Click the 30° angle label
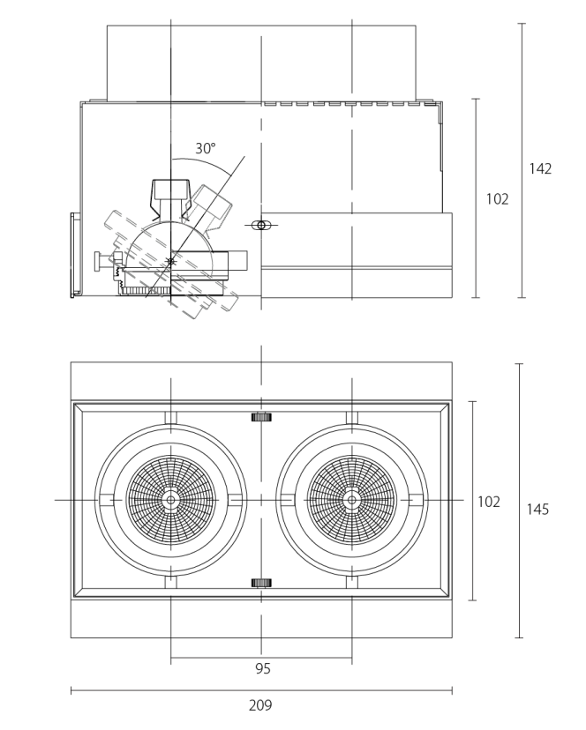pos(205,148)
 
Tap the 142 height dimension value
pos(540,168)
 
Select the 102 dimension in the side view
pos(497,198)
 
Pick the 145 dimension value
pos(537,509)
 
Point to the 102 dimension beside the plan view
pos(489,502)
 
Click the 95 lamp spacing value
pos(262,668)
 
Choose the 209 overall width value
pos(260,705)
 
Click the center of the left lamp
pos(170,500)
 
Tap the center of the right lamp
pos(351,500)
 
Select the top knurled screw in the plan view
pos(261,417)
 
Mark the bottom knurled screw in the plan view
pos(261,583)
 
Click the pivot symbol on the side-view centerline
pos(261,226)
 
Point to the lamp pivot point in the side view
pos(171,261)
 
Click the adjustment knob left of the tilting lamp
pos(102,261)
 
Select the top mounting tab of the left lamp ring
pos(170,418)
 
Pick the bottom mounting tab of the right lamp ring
pos(351,583)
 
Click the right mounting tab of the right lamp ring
pos(416,500)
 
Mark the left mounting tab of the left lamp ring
pos(106,500)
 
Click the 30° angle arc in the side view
pos(205,162)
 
